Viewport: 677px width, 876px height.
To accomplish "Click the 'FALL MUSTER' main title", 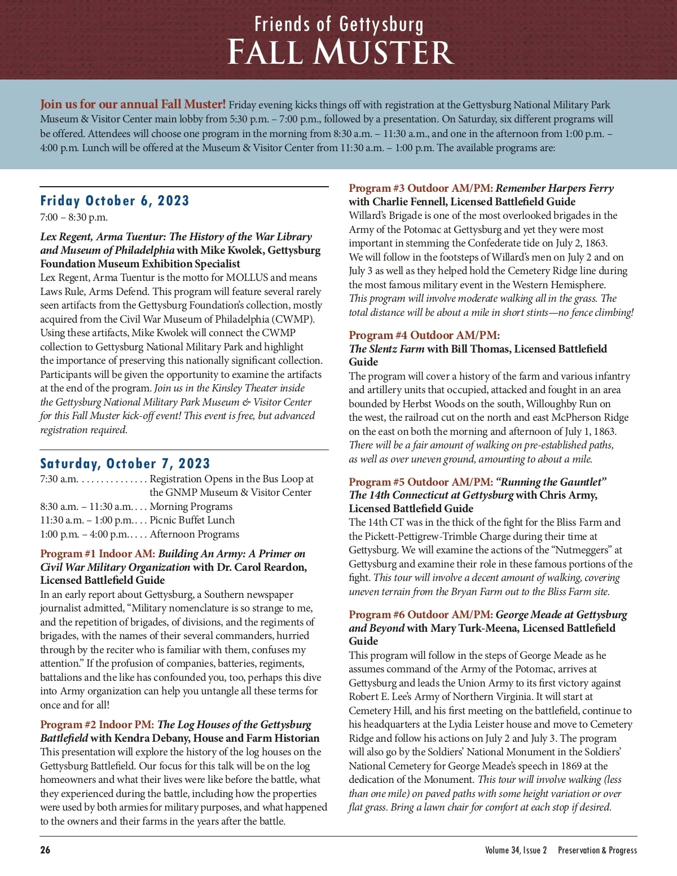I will coord(340,52).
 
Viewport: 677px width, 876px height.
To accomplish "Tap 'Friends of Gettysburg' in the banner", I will coord(338,24).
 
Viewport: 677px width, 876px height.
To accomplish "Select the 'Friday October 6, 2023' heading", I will coord(115,201).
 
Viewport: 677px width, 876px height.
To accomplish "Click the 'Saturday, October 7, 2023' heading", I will coord(125,464).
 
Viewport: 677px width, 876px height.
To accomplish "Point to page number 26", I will coord(45,850).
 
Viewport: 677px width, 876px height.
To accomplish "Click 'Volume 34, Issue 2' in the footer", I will coord(516,850).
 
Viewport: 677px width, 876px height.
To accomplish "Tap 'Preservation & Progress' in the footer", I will coord(597,850).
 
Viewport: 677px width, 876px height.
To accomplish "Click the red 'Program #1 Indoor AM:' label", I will coord(98,553).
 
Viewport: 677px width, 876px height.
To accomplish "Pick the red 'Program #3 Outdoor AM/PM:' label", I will coord(421,188).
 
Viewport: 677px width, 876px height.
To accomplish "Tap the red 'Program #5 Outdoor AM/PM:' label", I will coord(421,482).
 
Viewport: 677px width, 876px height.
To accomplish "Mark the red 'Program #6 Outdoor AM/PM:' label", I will coord(421,614).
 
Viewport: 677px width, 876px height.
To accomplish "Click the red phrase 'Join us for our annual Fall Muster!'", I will coord(133,104).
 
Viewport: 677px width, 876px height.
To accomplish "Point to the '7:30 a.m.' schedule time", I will coord(59,479).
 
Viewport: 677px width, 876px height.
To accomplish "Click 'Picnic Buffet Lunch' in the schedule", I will coord(192,520).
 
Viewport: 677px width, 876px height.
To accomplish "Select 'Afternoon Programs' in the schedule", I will coord(194,534).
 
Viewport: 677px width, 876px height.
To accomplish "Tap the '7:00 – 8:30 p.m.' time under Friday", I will coord(74,217).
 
